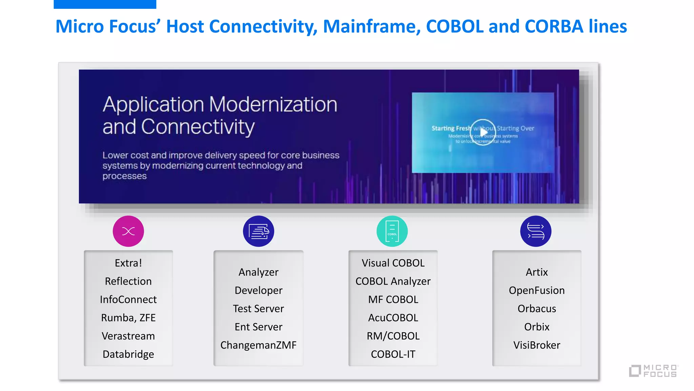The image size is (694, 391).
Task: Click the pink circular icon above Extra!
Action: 128,231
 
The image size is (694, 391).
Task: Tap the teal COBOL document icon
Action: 392,231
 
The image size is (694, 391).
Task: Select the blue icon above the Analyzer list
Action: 259,231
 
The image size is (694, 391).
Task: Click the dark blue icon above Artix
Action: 536,231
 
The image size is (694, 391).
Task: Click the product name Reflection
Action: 128,281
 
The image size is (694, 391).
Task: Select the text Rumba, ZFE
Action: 128,318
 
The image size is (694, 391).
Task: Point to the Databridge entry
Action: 128,354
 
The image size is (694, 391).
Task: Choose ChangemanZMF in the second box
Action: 258,345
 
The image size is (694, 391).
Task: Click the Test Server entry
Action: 258,309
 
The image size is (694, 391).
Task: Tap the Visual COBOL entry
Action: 393,263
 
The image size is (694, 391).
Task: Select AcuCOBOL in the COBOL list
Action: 393,318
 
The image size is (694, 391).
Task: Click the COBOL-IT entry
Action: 393,354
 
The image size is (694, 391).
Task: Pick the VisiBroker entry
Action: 536,345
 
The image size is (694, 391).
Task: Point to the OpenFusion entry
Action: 536,290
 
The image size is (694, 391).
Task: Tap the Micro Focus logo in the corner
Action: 654,371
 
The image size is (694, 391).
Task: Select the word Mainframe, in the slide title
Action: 372,26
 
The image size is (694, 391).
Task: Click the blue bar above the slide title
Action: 105,4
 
